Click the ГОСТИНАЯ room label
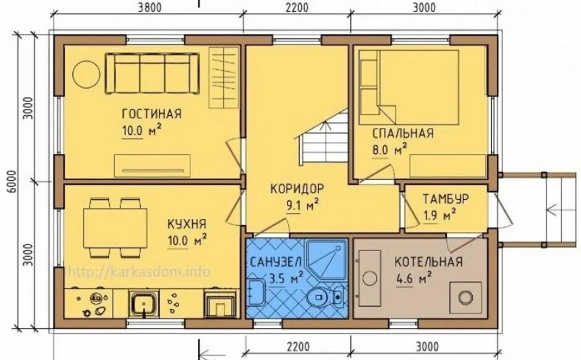coord(151,113)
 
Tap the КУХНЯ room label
coord(187,224)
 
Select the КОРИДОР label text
coord(297,188)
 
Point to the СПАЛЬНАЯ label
coord(403,133)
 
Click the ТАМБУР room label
coord(446,199)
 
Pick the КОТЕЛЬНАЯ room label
coord(428,262)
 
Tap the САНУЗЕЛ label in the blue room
coord(276,262)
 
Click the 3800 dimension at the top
coord(150,7)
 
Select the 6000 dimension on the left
coord(12,182)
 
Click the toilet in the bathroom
coord(325,296)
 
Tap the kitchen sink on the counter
coord(144,303)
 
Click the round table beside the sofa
coord(86,74)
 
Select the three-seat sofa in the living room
coord(152,74)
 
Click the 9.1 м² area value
coord(302,205)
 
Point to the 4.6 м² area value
coord(413,278)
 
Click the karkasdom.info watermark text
coord(139,272)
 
